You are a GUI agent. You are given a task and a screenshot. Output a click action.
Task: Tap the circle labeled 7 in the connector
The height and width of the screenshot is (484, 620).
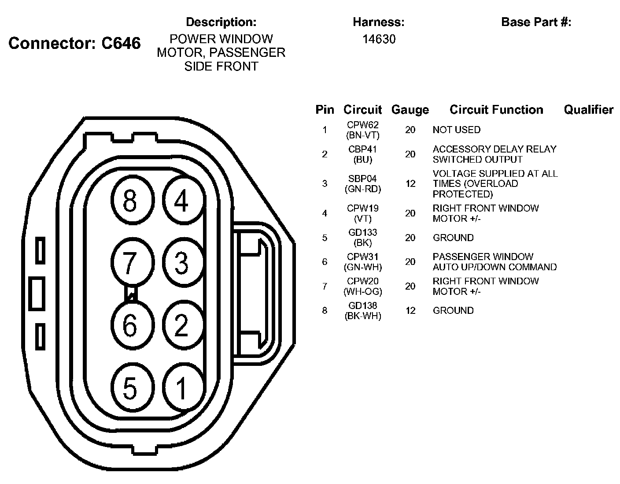pyautogui.click(x=130, y=263)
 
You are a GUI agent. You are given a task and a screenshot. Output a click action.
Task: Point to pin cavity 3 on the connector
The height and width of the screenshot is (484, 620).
pyautogui.click(x=181, y=263)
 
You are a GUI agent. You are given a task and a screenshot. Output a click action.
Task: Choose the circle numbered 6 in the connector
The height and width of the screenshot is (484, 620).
pyautogui.click(x=130, y=326)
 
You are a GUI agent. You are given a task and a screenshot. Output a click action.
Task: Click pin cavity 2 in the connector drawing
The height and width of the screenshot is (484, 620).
pyautogui.click(x=181, y=326)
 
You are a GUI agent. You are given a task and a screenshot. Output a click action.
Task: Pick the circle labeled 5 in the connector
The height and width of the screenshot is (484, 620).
pyautogui.click(x=130, y=388)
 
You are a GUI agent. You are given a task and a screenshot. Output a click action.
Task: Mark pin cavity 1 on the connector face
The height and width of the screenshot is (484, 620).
pyautogui.click(x=181, y=388)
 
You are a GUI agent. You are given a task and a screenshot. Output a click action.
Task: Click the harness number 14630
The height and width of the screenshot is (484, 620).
pyautogui.click(x=379, y=39)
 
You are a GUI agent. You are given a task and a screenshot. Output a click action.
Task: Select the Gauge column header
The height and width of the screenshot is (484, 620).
pyautogui.click(x=410, y=110)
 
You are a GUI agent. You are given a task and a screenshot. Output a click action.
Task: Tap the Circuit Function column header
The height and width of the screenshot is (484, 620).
pyautogui.click(x=496, y=110)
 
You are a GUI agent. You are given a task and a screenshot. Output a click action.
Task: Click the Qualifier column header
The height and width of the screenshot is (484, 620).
pyautogui.click(x=588, y=110)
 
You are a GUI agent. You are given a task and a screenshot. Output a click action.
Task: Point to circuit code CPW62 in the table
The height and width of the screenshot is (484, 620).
pyautogui.click(x=363, y=125)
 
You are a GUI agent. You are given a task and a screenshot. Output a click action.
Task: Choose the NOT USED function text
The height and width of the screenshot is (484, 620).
pyautogui.click(x=456, y=130)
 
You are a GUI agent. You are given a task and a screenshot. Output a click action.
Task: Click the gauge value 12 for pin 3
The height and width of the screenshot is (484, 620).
pyautogui.click(x=410, y=183)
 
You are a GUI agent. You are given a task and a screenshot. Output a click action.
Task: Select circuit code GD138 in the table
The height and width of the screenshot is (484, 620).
pyautogui.click(x=363, y=305)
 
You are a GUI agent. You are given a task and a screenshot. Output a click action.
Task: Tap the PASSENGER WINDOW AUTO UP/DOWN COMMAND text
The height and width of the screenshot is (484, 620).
pyautogui.click(x=494, y=262)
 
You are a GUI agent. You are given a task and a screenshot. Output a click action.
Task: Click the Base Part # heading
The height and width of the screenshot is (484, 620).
pyautogui.click(x=536, y=22)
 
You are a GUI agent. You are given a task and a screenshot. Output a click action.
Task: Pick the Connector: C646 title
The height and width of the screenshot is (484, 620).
pyautogui.click(x=74, y=43)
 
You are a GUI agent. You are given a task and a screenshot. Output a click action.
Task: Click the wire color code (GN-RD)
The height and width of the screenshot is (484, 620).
pyautogui.click(x=363, y=189)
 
